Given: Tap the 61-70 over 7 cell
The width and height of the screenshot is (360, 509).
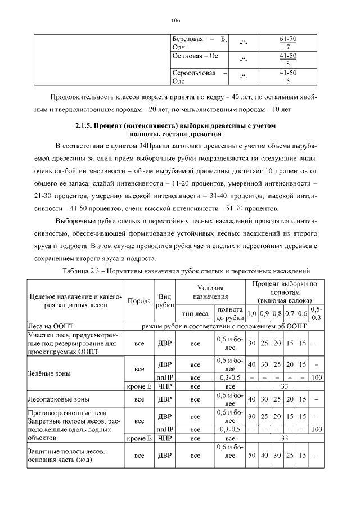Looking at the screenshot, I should [287, 43].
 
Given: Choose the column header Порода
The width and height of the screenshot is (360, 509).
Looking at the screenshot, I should [139, 300].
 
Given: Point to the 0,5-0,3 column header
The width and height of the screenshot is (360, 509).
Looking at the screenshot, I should [317, 314].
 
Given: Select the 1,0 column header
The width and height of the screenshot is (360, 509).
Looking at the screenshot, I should [252, 314].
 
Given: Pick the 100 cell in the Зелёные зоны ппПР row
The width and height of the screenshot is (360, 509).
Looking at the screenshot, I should [317, 377].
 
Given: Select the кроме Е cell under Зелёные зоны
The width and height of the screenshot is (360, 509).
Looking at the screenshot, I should [139, 386].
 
